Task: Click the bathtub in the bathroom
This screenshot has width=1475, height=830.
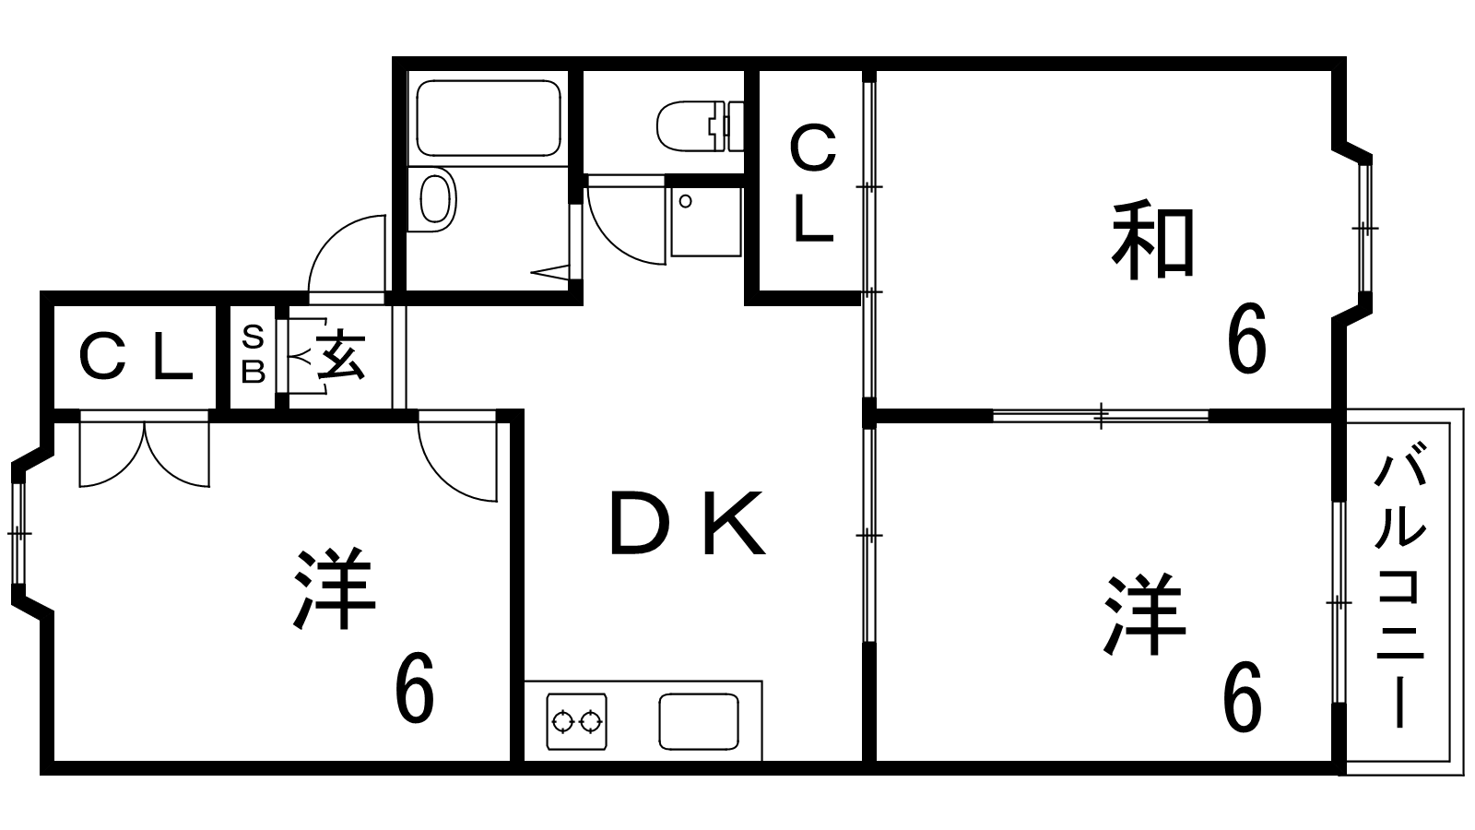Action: tap(489, 118)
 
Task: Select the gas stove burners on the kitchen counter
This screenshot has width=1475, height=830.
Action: tap(577, 719)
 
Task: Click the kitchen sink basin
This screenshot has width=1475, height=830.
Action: tap(699, 721)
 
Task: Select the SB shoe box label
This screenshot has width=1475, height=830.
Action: tap(253, 354)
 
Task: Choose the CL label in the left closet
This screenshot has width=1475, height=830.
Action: tap(136, 358)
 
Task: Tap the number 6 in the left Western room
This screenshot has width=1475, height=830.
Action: tap(414, 689)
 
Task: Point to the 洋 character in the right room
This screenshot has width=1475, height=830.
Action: tap(1143, 613)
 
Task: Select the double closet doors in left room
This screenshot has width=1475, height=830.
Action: tap(145, 454)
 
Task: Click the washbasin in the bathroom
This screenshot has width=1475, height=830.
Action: tap(436, 197)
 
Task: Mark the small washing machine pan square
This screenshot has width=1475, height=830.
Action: tap(705, 221)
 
